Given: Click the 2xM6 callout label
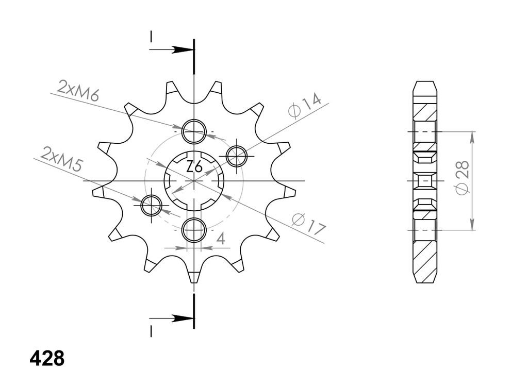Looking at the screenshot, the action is [78, 91].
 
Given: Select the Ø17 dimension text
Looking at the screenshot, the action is [309, 224].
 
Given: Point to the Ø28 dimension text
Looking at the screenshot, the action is [463, 177].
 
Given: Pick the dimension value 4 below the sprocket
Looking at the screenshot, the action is [221, 239].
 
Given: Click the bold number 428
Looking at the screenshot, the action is [47, 359].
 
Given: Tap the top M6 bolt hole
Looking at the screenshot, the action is [194, 131].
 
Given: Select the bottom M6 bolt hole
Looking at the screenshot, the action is [194, 230].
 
